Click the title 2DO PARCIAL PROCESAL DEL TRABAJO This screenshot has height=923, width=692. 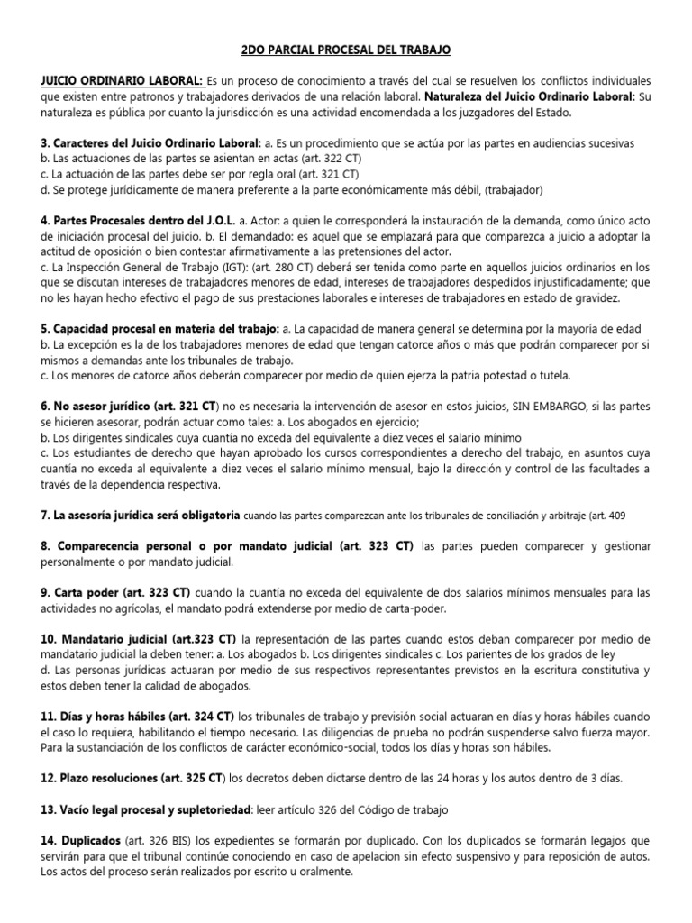346,50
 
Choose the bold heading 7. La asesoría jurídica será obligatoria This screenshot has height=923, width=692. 140,516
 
